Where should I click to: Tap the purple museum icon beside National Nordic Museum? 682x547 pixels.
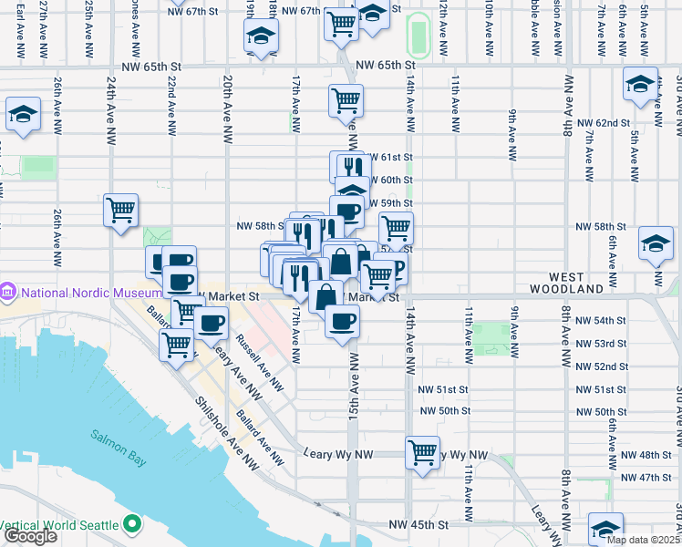coord(8,294)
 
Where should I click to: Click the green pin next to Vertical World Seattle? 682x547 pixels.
coord(132,525)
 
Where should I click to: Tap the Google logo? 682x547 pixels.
coord(29,536)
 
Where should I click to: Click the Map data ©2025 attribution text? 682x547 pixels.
coord(644,540)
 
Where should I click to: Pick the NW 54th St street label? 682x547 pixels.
coord(601,321)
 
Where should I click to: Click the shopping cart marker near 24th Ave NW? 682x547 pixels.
coord(121,212)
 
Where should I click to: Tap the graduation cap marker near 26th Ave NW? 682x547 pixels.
coord(23,116)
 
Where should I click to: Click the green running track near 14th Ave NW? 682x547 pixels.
coord(418,37)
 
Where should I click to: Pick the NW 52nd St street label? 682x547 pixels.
coord(601,366)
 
